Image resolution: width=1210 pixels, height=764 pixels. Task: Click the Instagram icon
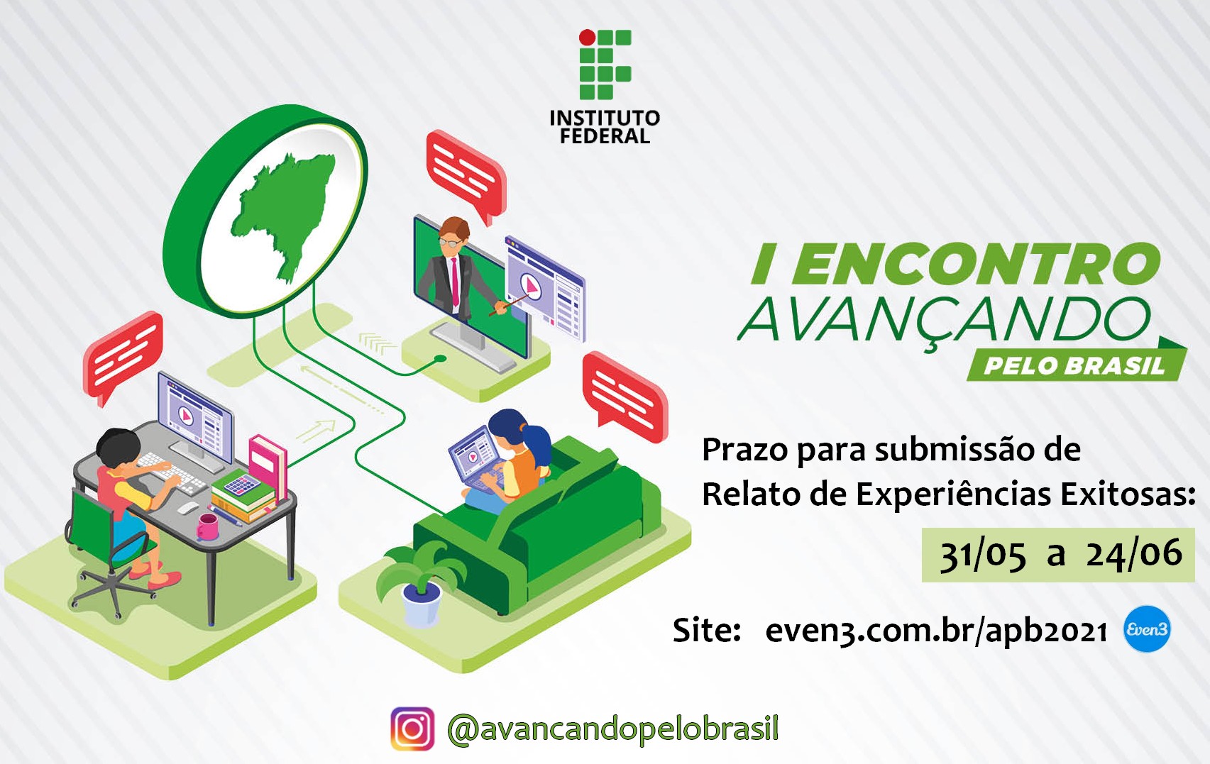click(x=412, y=729)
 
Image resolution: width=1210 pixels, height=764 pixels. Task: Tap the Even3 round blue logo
click(x=1146, y=629)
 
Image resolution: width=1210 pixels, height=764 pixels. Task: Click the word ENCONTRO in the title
click(x=977, y=264)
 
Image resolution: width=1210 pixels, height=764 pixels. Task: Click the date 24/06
click(x=1133, y=553)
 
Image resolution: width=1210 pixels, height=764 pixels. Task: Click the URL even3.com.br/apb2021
click(x=935, y=630)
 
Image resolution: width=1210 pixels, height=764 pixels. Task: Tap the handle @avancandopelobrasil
click(x=612, y=729)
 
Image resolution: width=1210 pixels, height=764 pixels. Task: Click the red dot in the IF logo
click(x=587, y=38)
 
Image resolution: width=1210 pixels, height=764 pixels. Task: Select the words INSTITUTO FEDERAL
click(x=605, y=127)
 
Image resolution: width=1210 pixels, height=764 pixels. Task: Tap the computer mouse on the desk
click(x=189, y=507)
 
